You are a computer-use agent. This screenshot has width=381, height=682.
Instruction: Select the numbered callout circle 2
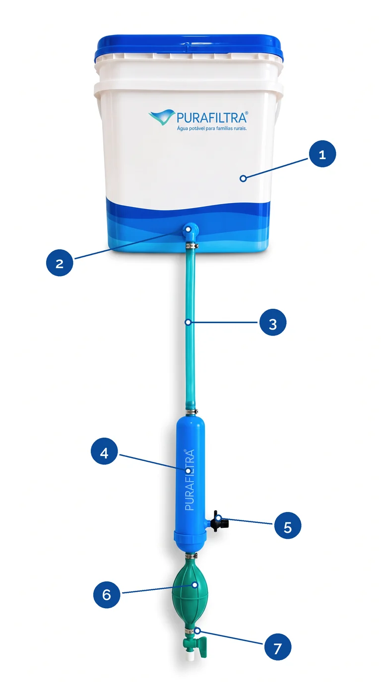pyautogui.click(x=60, y=263)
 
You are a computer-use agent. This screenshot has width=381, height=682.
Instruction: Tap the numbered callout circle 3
pyautogui.click(x=273, y=323)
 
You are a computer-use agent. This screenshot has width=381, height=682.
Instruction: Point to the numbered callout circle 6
pyautogui.click(x=106, y=595)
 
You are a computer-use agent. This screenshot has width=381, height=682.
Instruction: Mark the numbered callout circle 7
pyautogui.click(x=278, y=647)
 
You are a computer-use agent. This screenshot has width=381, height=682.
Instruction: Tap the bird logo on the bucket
pyautogui.click(x=162, y=117)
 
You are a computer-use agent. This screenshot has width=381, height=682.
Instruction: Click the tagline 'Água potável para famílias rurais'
pyautogui.click(x=212, y=128)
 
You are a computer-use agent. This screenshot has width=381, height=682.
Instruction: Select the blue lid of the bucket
pyautogui.click(x=190, y=48)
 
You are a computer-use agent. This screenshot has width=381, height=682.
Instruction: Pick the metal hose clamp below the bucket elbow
pyautogui.click(x=191, y=245)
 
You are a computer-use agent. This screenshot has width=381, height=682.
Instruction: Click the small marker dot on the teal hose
pyautogui.click(x=189, y=322)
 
